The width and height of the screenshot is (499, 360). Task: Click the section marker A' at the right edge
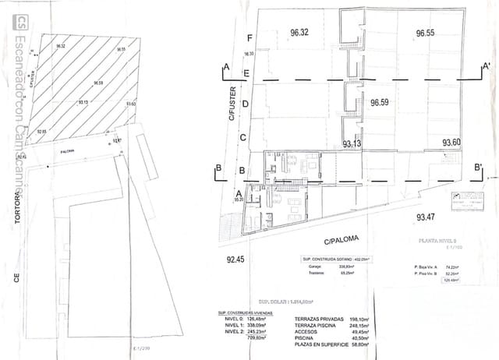(x=487, y=68)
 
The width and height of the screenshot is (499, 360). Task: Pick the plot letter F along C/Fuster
(x=249, y=38)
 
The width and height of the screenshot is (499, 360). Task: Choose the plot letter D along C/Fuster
(x=246, y=104)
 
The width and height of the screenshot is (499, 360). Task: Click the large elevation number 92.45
(x=235, y=259)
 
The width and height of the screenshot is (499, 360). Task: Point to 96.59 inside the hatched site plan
(x=98, y=83)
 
